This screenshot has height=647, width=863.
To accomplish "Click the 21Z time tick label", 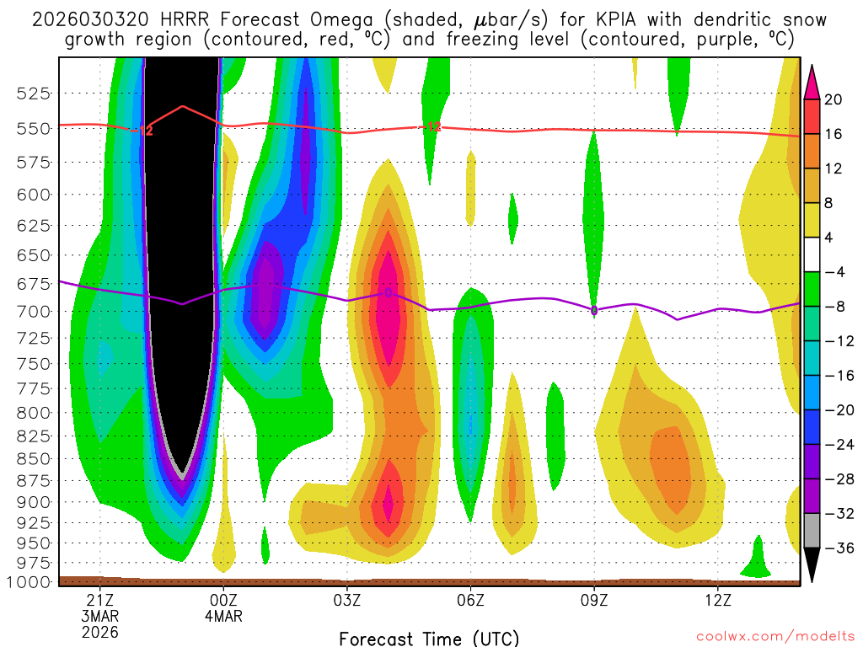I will tap(100, 600).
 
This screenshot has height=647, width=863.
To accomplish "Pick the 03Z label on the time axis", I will tap(347, 600).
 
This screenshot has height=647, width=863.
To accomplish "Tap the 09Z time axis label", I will tap(594, 600).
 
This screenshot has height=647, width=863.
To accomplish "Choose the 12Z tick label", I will tap(717, 600).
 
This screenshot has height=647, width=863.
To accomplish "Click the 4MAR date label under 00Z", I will tap(223, 616).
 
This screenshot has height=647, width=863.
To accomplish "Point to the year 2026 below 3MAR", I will tap(100, 632).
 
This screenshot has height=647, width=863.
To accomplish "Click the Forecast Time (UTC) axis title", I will tap(429, 638).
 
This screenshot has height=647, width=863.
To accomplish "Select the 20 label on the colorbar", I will tap(834, 99).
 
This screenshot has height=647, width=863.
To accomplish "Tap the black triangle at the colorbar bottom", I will tap(812, 564).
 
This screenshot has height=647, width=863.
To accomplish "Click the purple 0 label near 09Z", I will tap(594, 311).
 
